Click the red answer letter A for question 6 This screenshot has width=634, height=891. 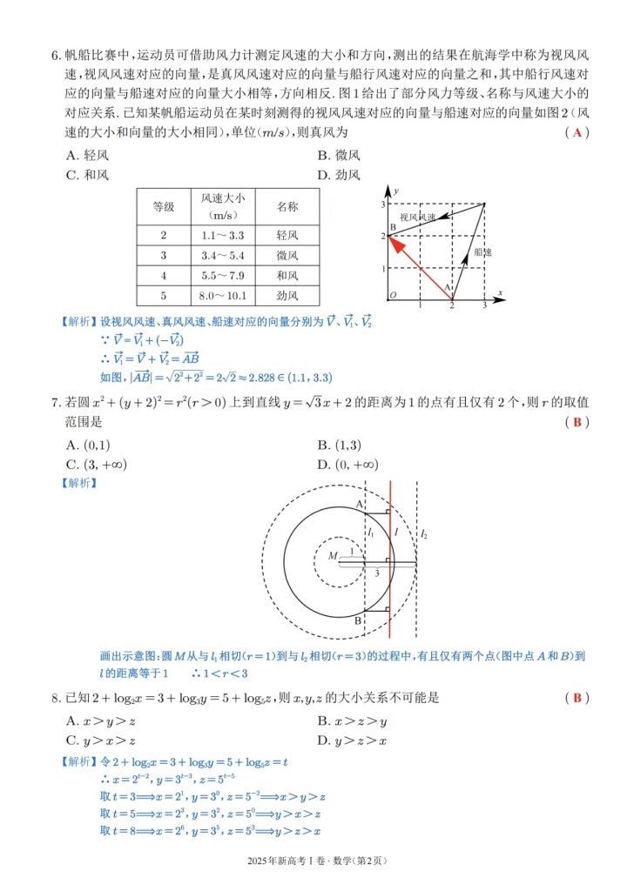coord(576,132)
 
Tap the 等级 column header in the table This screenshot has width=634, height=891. coord(163,207)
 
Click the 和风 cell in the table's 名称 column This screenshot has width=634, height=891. coord(287,276)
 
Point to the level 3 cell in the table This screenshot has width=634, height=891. coord(163,256)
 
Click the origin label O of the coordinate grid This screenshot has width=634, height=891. coord(393,295)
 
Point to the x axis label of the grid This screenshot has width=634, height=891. coord(501,291)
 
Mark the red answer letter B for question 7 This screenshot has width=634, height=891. coord(576,422)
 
